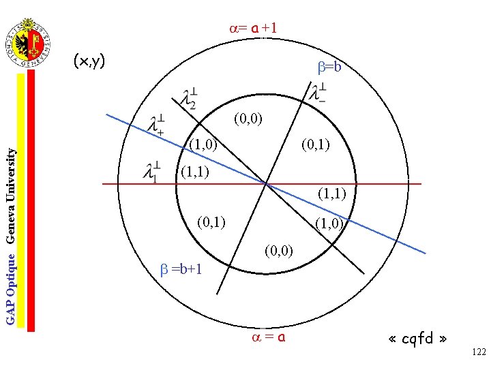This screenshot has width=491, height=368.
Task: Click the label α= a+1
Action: (x=253, y=28)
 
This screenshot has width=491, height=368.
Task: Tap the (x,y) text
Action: (x=89, y=62)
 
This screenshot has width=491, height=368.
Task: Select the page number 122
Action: (x=479, y=352)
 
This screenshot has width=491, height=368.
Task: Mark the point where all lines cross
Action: (x=265, y=183)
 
